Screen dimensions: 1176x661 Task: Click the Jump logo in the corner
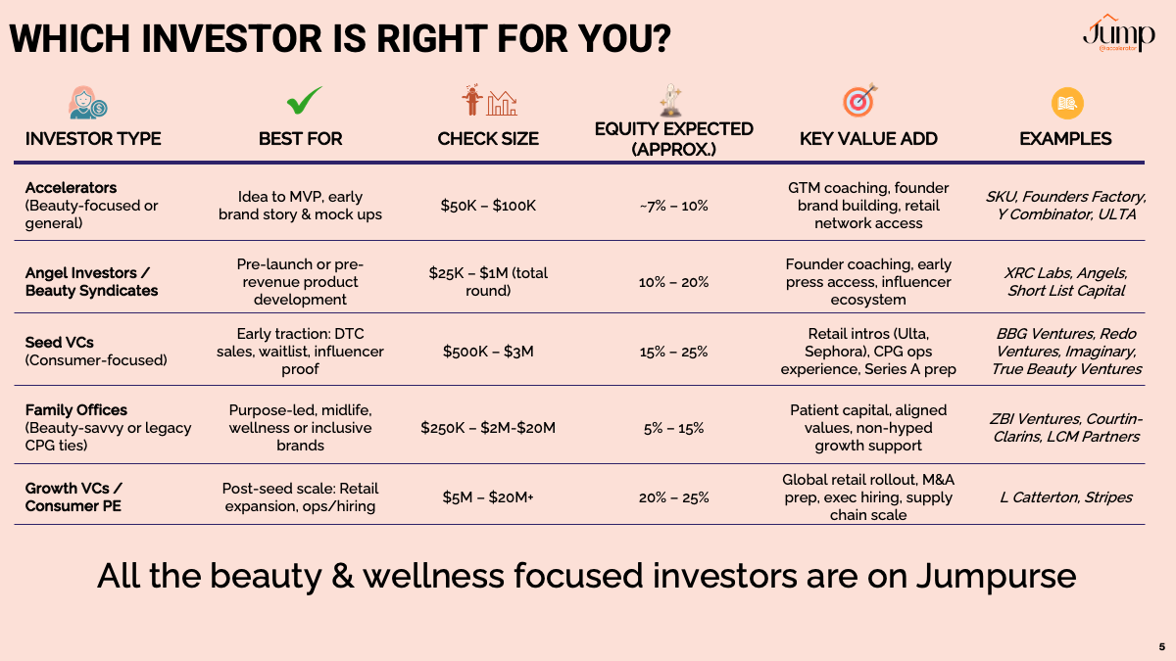point(1119,33)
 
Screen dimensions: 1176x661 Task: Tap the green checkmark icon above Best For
point(305,100)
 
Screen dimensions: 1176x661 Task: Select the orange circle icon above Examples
point(1067,103)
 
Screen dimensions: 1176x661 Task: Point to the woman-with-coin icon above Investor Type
point(87,102)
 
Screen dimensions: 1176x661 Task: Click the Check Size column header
point(488,139)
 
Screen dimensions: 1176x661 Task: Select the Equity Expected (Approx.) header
point(673,139)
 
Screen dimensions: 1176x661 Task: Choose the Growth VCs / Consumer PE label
point(73,496)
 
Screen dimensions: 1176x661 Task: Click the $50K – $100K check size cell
point(488,206)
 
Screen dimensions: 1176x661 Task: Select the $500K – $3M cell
point(488,352)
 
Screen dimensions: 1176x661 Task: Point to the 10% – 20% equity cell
point(673,282)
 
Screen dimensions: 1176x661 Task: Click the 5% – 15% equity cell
point(673,428)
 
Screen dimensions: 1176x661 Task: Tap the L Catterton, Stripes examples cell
point(1066,497)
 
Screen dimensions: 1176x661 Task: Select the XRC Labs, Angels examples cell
point(1066,282)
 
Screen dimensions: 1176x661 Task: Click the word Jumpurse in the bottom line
point(997,577)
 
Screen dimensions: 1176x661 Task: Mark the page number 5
point(1162,647)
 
